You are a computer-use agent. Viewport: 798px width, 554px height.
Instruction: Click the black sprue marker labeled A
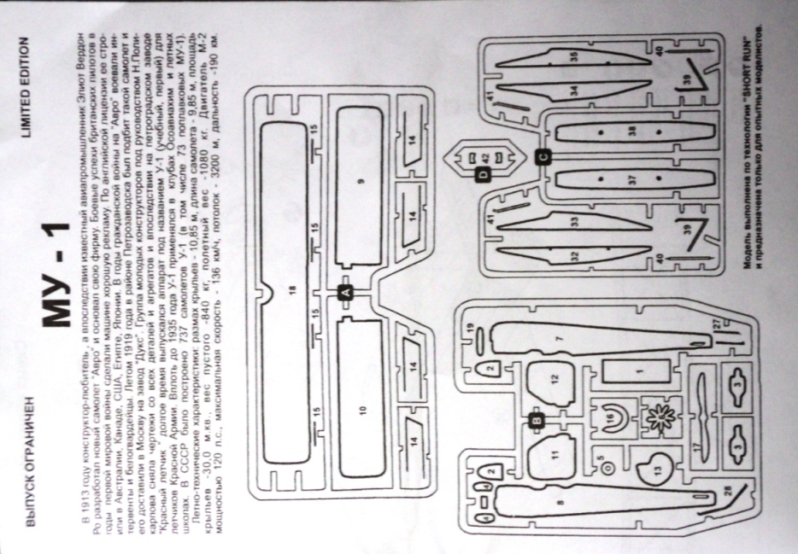tap(346, 292)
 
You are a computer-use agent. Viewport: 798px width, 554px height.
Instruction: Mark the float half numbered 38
tap(632, 131)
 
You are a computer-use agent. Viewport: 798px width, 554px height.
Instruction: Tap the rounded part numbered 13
tap(658, 465)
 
